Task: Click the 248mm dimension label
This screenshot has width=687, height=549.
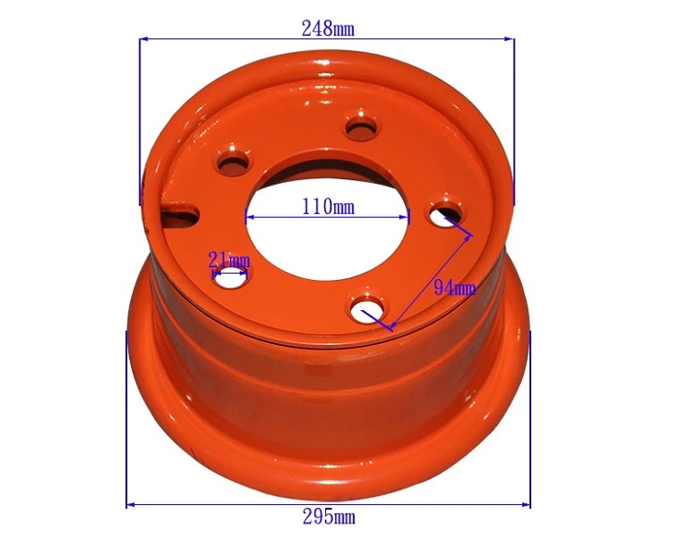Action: tap(328, 29)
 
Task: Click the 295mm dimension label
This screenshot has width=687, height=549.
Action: tap(329, 518)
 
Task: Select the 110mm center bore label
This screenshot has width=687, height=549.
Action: tap(328, 206)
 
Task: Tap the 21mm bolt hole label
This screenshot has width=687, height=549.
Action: tap(229, 260)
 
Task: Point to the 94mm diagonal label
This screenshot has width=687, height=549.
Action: tap(454, 287)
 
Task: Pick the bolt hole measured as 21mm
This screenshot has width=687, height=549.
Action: tap(230, 278)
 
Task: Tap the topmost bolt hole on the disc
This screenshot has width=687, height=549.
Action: tap(361, 126)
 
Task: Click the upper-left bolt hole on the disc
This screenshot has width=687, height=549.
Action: tap(234, 163)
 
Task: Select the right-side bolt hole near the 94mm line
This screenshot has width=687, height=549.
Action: tap(445, 213)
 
